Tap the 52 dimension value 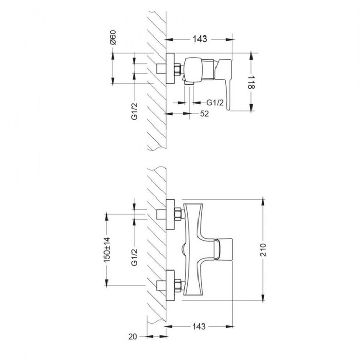point(204,114)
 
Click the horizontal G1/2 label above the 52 point(215,102)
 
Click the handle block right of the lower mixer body point(225,249)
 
